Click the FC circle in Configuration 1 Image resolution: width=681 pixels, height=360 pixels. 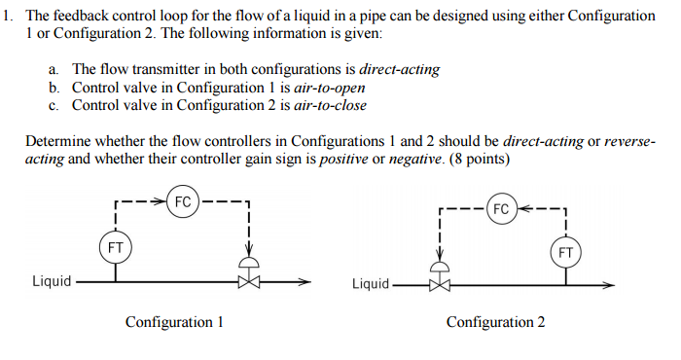click(x=182, y=202)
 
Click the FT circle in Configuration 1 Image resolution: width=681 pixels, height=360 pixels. click(x=115, y=246)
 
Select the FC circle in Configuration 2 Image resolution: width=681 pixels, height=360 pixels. click(x=500, y=209)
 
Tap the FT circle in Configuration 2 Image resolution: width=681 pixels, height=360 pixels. click(x=566, y=253)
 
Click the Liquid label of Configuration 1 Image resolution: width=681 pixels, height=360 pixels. click(x=52, y=281)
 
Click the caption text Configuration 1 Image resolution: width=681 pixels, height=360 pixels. click(x=174, y=322)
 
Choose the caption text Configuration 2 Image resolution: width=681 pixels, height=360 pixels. click(x=495, y=322)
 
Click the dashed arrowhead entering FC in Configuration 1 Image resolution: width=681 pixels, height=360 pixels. click(x=161, y=202)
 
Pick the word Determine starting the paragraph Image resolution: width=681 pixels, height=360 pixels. click(x=57, y=141)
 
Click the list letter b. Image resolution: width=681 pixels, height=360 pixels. click(x=54, y=88)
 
